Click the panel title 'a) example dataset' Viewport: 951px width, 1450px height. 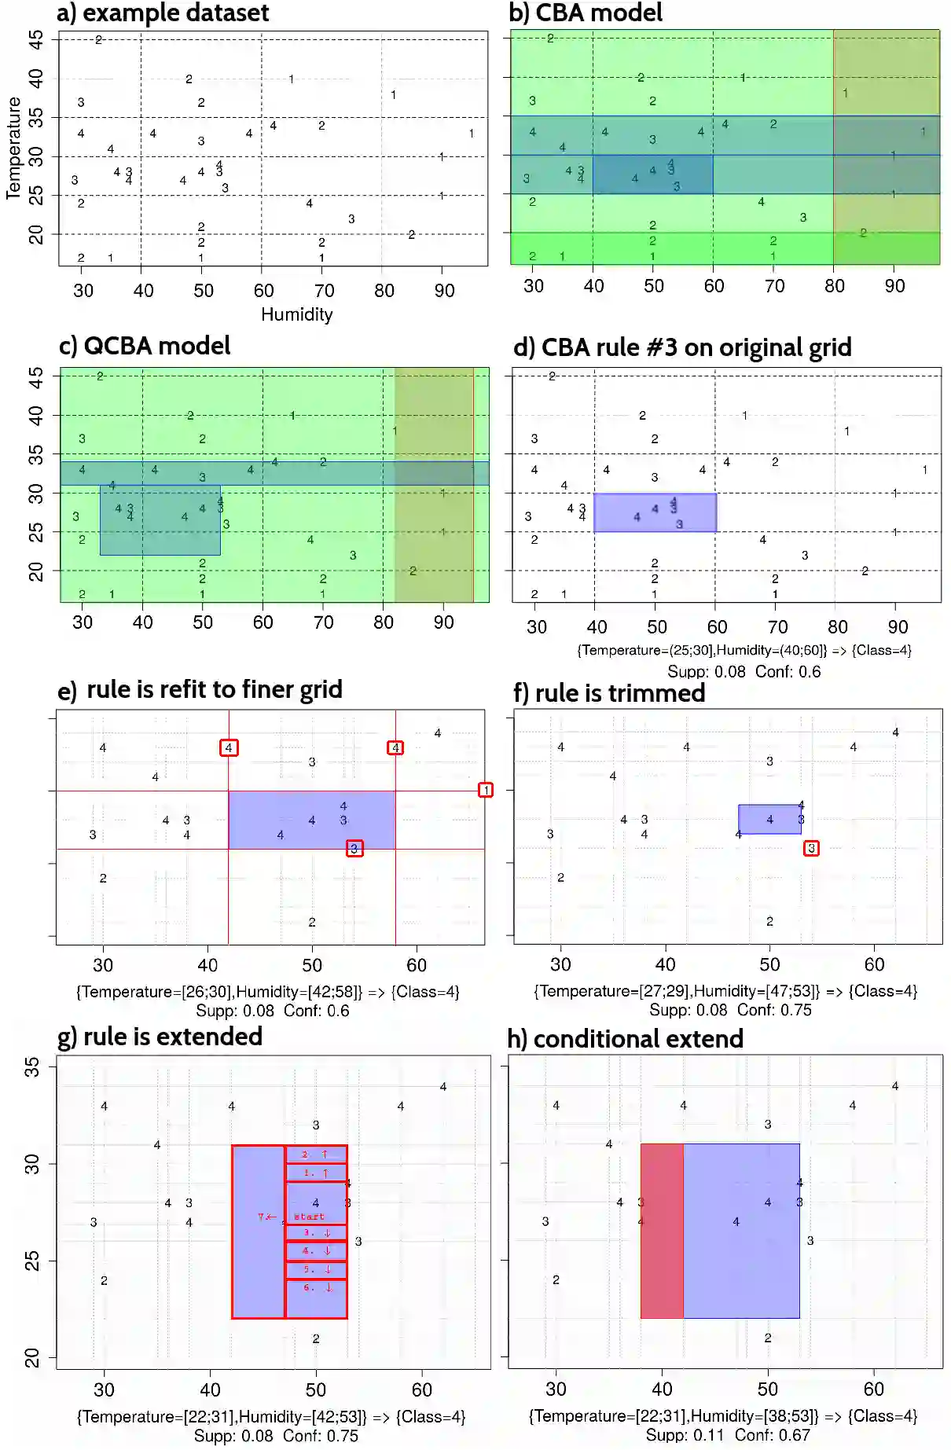pos(163,13)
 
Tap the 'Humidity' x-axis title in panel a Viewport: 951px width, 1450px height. pos(296,314)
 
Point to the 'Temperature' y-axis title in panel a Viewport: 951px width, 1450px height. pos(13,148)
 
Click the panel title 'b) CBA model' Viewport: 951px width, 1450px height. pos(586,13)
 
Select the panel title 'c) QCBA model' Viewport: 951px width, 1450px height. pos(145,346)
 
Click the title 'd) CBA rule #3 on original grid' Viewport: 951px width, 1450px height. pos(682,347)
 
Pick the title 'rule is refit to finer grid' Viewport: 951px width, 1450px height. pos(214,689)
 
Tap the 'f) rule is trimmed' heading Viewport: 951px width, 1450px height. pos(609,693)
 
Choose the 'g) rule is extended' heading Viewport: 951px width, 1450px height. pos(160,1037)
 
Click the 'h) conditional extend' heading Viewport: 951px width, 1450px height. pos(625,1039)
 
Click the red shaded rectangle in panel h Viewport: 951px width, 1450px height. pos(662,1231)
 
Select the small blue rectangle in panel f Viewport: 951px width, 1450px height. pos(769,819)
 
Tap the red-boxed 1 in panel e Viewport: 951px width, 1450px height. pos(486,790)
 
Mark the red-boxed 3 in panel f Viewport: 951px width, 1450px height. pos(811,848)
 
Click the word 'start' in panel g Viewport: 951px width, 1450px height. pos(309,1217)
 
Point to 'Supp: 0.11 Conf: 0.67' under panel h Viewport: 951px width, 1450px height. pos(727,1435)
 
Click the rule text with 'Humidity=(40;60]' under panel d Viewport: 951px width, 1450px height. pos(744,650)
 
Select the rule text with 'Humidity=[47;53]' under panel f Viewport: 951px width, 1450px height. pos(725,991)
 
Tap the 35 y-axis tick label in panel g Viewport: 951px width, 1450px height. pos(31,1066)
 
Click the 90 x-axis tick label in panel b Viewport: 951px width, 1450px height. pos(894,286)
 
